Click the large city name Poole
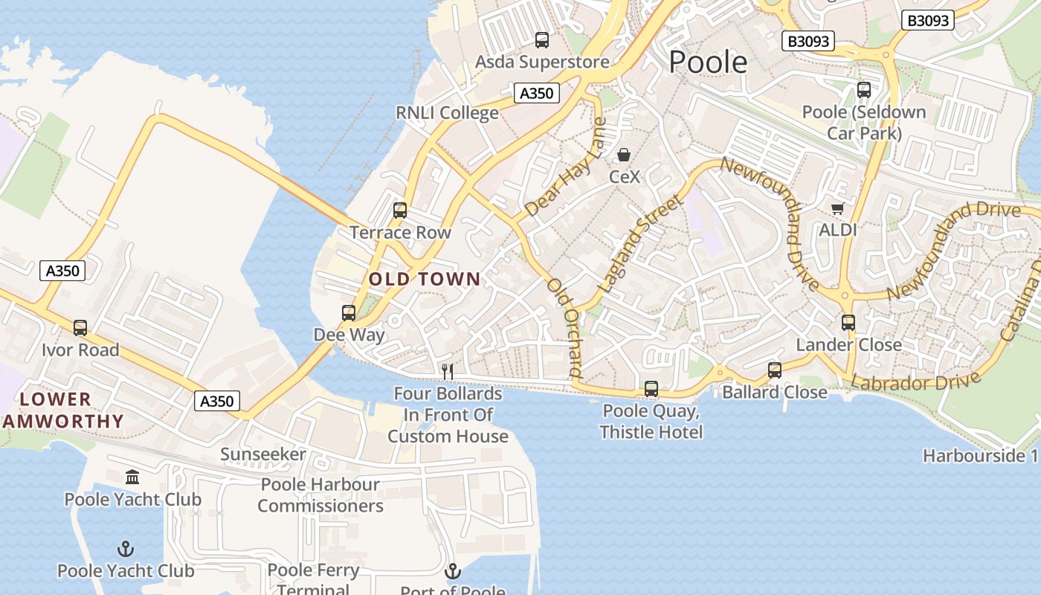(x=708, y=62)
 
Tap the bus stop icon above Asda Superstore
(x=542, y=40)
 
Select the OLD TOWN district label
(x=425, y=279)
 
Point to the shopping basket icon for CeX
(x=624, y=155)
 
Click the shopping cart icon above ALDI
(x=838, y=208)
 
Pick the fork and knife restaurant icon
(x=448, y=370)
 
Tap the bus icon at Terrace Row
(x=400, y=210)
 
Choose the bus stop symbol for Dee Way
(x=349, y=313)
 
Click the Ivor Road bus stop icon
(x=80, y=327)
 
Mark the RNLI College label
(x=447, y=113)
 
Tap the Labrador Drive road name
(x=915, y=382)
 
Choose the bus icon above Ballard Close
(x=775, y=370)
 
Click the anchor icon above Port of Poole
(x=453, y=571)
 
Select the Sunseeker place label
(x=263, y=454)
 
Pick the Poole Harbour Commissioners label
(x=320, y=495)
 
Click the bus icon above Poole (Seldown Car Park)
(x=864, y=90)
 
